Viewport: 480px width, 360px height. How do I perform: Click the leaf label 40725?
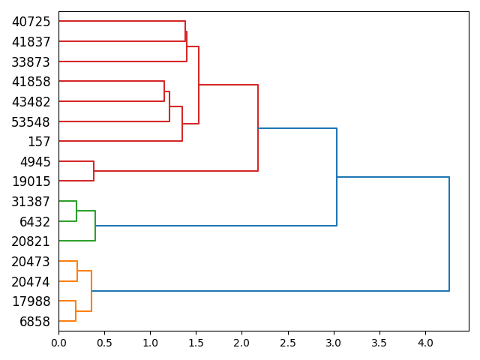[31, 22]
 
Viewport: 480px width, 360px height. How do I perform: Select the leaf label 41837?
[31, 42]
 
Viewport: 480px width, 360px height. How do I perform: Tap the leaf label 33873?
[31, 61]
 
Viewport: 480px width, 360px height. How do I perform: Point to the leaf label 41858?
[31, 82]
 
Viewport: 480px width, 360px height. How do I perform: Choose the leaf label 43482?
[31, 102]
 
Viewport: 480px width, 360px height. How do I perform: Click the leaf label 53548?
[31, 121]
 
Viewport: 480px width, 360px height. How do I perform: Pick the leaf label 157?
[39, 142]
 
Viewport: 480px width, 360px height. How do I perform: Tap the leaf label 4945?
[35, 162]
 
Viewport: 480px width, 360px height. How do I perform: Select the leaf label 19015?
[31, 181]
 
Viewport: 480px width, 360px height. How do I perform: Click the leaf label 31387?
[31, 202]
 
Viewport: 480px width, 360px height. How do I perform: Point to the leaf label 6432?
[35, 222]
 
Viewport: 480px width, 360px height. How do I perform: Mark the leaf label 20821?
[31, 241]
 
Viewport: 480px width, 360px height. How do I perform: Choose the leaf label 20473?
[31, 262]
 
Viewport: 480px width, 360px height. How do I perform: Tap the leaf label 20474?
[31, 282]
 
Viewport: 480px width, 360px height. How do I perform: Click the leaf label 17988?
[31, 301]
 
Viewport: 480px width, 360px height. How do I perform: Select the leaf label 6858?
[35, 322]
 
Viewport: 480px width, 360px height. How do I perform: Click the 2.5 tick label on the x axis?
[288, 343]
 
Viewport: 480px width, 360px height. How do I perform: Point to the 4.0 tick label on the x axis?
[425, 343]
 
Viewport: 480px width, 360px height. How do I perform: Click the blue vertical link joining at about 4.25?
[449, 234]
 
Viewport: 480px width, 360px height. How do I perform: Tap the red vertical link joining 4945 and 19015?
[94, 171]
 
